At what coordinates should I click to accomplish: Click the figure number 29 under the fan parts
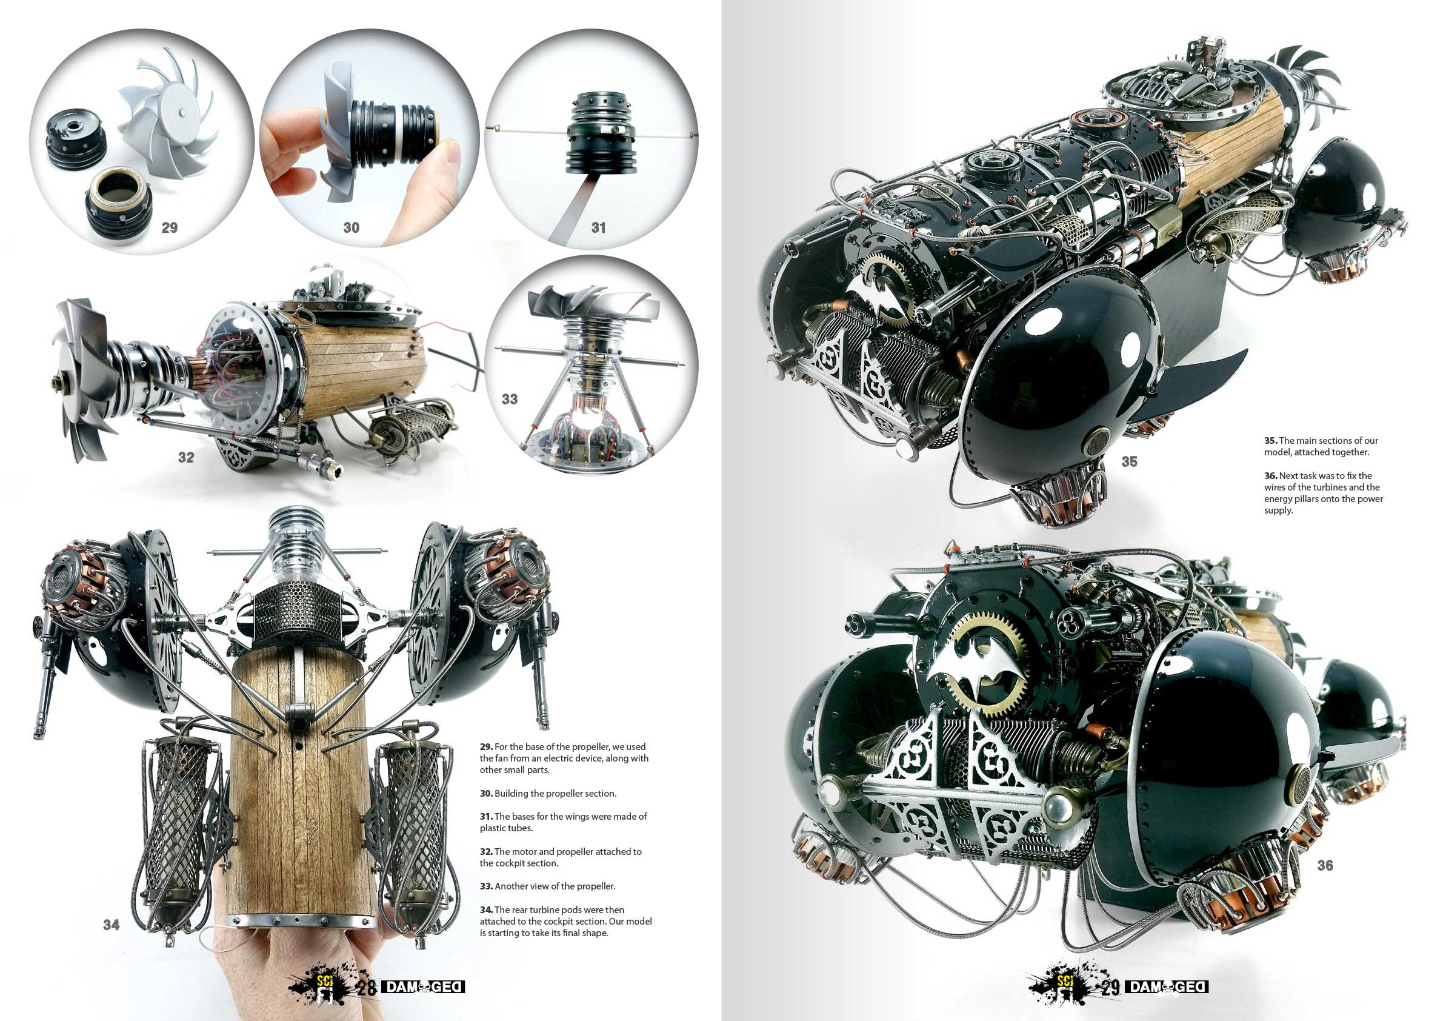point(170,227)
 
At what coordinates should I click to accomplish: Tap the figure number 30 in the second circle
point(352,227)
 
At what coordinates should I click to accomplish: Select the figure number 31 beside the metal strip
point(598,227)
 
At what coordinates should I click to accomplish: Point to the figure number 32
point(186,457)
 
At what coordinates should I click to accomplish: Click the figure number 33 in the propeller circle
point(510,399)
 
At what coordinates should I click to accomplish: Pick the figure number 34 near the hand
point(112,925)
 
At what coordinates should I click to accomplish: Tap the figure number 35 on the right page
point(1130,461)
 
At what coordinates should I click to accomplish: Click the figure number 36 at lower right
point(1325,866)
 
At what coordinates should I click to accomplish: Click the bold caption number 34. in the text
point(486,909)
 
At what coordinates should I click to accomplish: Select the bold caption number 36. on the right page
point(1271,476)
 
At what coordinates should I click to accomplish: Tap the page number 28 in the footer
point(367,987)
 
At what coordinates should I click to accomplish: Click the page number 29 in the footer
point(1110,987)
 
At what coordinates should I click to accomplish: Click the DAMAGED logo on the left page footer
point(423,987)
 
